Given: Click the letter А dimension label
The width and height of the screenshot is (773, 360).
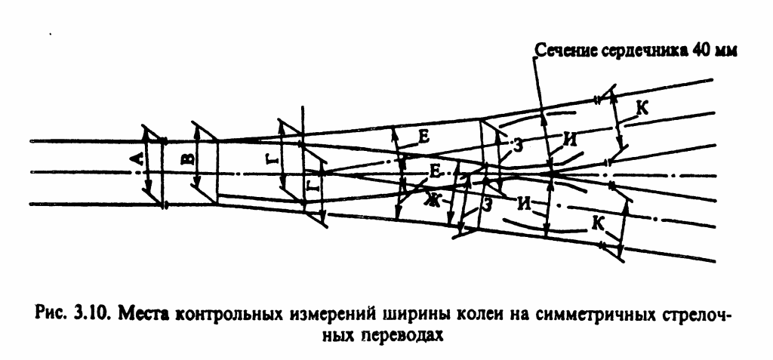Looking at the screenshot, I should coord(137,159).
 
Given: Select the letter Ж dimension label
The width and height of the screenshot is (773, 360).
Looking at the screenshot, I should coord(432,200).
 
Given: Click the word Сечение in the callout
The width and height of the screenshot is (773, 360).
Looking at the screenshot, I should coord(563,51).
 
